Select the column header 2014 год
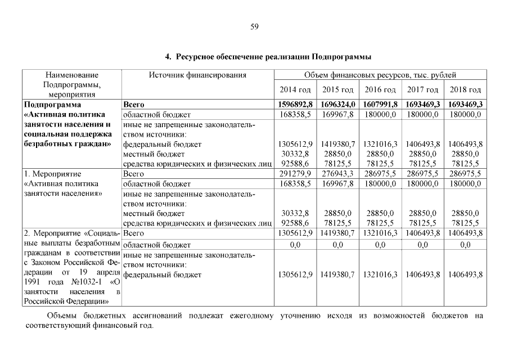point(295,90)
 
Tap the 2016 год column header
point(380,90)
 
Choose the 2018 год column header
point(465,90)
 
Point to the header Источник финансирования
point(197,75)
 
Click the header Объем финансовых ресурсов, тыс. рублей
point(380,75)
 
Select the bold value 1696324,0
point(337,105)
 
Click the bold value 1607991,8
point(380,105)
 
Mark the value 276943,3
point(337,174)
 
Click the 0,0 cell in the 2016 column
point(380,245)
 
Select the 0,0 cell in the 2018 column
point(465,245)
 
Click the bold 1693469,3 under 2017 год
point(423,105)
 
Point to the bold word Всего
point(133,105)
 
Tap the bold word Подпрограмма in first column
point(53,105)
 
